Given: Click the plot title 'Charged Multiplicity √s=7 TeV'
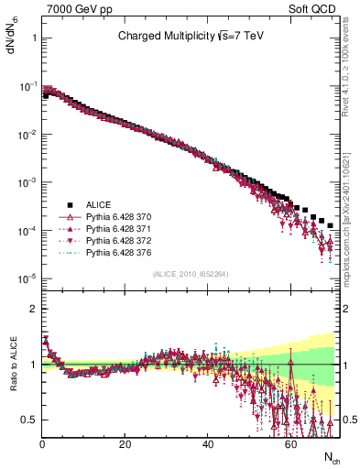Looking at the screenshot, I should [x=190, y=38].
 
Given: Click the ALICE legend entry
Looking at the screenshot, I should [x=98, y=203].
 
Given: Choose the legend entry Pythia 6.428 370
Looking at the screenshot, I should [x=124, y=216].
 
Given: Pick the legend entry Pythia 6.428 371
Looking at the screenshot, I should [x=124, y=228].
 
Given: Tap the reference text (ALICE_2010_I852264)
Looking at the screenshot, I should [x=190, y=274].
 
